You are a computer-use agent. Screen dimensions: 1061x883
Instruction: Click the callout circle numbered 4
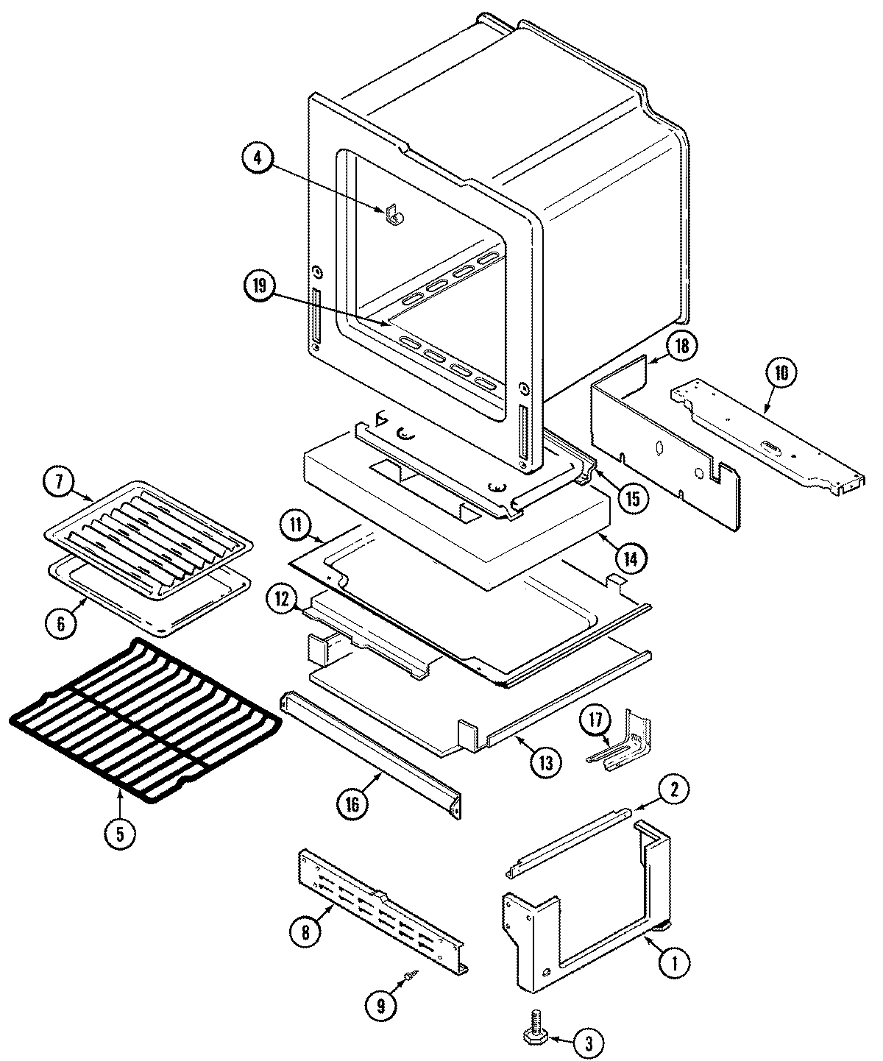258,159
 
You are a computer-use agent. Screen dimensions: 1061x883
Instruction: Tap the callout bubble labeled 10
780,373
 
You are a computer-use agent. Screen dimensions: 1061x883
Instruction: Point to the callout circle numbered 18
681,347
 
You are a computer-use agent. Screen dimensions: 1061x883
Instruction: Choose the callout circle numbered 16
351,803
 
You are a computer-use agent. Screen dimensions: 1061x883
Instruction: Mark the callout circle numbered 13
545,762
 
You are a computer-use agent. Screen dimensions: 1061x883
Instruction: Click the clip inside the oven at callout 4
392,214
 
